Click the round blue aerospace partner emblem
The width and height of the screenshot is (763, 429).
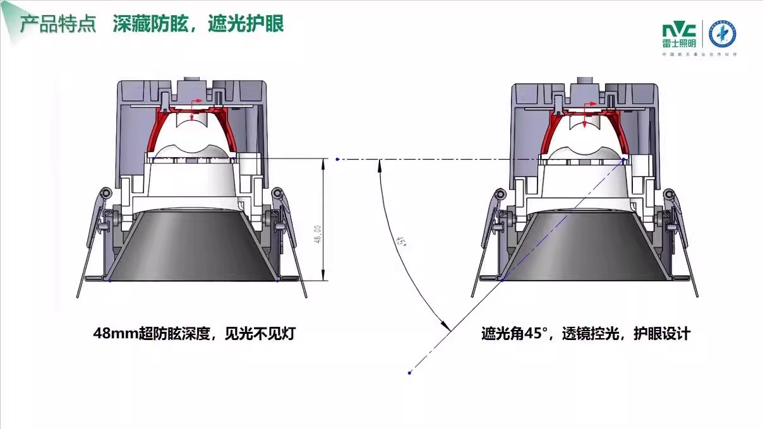tap(723, 35)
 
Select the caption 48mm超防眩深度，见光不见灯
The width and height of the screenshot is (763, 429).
tap(194, 334)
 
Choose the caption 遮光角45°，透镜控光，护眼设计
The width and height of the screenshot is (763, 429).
tap(586, 334)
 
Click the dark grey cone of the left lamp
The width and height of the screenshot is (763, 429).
tap(193, 246)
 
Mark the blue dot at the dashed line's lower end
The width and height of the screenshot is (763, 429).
tap(410, 373)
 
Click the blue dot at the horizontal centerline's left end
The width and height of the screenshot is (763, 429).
tap(338, 159)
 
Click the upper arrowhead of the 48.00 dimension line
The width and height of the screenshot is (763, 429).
tap(324, 163)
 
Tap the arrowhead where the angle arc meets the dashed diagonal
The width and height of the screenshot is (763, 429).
tap(446, 328)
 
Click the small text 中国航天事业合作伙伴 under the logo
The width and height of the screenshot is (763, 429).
tap(699, 55)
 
